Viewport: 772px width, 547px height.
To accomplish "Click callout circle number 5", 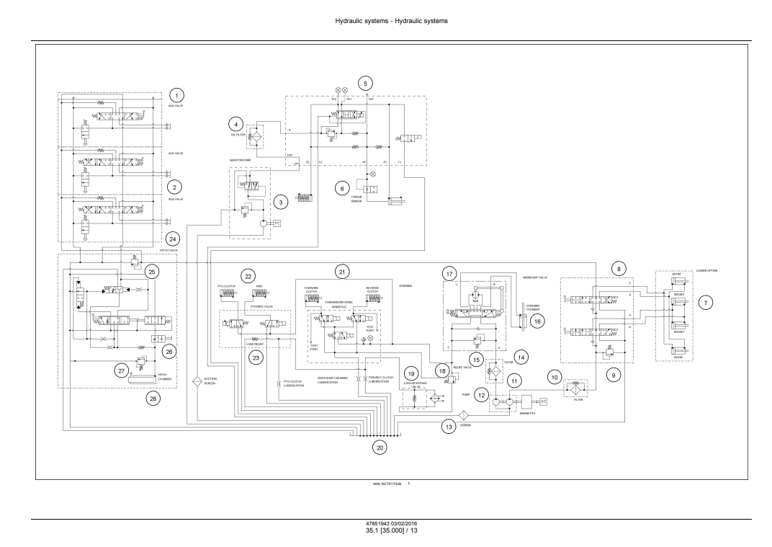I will point(365,83).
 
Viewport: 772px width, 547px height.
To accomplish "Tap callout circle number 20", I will point(380,448).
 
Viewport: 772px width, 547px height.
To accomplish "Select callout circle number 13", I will point(449,427).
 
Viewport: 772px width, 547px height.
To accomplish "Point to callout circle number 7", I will point(706,303).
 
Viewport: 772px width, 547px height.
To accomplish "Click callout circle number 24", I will point(172,239).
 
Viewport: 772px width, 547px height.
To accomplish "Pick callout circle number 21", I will point(342,272).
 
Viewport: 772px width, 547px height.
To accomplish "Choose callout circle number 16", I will point(537,322).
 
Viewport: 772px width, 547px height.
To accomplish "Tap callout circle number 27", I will point(121,370).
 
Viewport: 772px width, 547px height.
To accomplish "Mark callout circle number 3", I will point(280,203).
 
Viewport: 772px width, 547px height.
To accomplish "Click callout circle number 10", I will point(555,377).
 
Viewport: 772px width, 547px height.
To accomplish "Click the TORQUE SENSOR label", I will point(356,199).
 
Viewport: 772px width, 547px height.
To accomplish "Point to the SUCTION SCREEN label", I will point(210,381).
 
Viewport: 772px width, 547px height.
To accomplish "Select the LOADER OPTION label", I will point(706,271).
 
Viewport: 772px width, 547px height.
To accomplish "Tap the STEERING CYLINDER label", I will point(533,307).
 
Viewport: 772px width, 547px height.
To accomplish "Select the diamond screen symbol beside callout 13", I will point(464,415).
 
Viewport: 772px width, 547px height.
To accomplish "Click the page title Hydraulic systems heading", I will point(391,21).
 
